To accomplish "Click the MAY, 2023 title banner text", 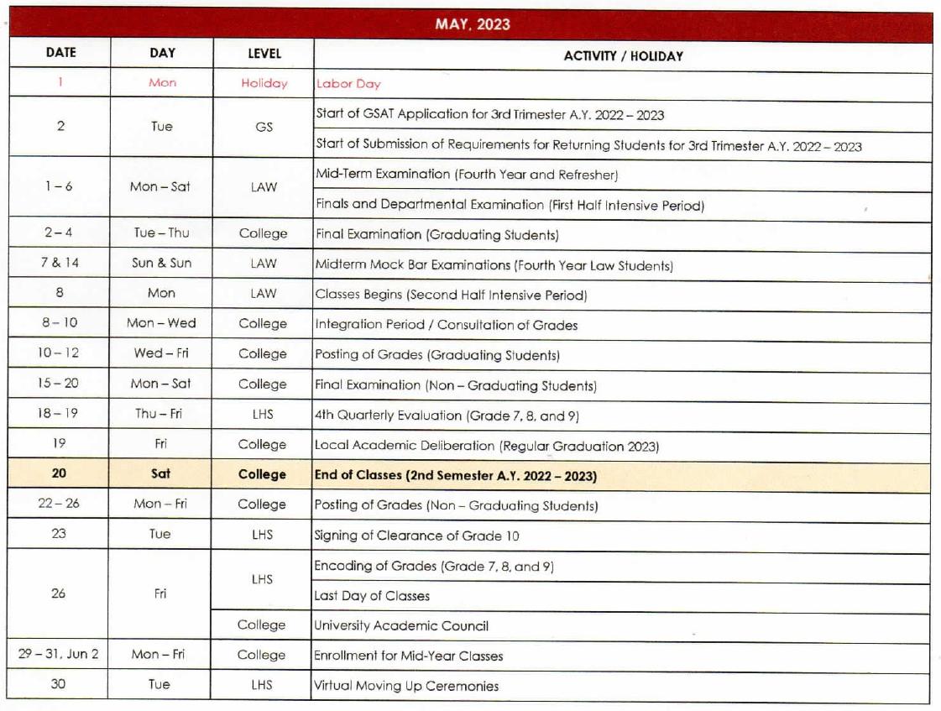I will (472, 24).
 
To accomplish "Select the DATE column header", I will (60, 52).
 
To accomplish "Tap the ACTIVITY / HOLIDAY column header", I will (623, 56).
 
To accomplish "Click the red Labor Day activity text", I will (348, 84).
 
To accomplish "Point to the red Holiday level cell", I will (264, 83).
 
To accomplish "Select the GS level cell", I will (264, 127).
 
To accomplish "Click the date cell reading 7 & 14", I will (60, 263).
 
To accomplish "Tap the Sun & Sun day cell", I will (161, 263).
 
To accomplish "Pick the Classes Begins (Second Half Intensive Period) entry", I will (451, 295).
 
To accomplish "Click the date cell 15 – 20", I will (59, 383).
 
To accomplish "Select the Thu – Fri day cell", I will (159, 413).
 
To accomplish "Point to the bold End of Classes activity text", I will (455, 476).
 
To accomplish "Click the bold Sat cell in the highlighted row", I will (160, 473).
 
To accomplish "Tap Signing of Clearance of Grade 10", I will (416, 536).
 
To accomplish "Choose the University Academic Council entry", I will (400, 625).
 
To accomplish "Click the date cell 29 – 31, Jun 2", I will (58, 654).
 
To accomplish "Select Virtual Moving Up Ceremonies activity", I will (405, 686).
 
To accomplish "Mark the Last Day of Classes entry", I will (371, 596).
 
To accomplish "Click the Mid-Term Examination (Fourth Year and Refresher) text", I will (466, 175).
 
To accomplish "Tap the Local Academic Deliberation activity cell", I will (486, 446).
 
